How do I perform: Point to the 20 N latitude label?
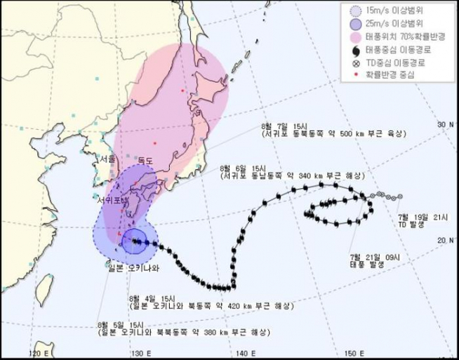pos(445,241)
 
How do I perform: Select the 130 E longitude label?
pos(140,352)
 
